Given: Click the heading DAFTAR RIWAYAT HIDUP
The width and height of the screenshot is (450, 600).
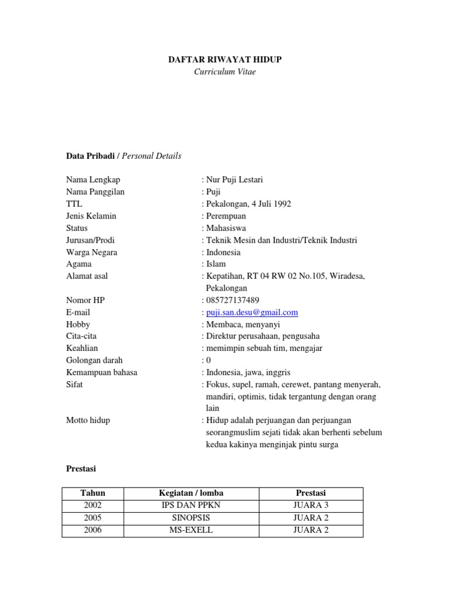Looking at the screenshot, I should pyautogui.click(x=225, y=59).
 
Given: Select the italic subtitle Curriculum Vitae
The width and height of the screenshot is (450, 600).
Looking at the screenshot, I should pyautogui.click(x=225, y=71).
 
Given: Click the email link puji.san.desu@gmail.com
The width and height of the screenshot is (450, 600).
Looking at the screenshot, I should pyautogui.click(x=252, y=312).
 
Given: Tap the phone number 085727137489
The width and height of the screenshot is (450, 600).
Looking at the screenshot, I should pyautogui.click(x=233, y=300).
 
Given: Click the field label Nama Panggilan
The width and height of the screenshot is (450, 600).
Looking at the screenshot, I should pyautogui.click(x=95, y=192).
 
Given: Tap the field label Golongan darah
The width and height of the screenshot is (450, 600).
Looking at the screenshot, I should pyautogui.click(x=94, y=360).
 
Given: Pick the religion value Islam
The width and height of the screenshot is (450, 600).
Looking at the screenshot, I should pyautogui.click(x=216, y=264).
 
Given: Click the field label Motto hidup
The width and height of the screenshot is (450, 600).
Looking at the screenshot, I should pyautogui.click(x=88, y=420).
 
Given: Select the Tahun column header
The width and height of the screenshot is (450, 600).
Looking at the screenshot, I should pyautogui.click(x=93, y=493).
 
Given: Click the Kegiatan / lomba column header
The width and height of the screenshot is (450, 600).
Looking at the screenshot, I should pyautogui.click(x=191, y=493).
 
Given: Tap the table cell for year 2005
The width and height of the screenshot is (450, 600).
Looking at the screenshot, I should pyautogui.click(x=93, y=517).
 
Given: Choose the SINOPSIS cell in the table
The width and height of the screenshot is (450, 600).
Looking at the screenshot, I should pyautogui.click(x=191, y=517).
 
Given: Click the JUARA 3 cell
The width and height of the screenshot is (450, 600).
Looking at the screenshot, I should pyautogui.click(x=311, y=505).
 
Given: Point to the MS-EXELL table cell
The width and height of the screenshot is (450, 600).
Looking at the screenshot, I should pyautogui.click(x=191, y=530).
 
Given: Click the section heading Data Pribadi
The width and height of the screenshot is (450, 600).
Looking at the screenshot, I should pyautogui.click(x=91, y=156).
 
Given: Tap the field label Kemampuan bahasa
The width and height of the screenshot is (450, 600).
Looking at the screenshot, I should pyautogui.click(x=101, y=373).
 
